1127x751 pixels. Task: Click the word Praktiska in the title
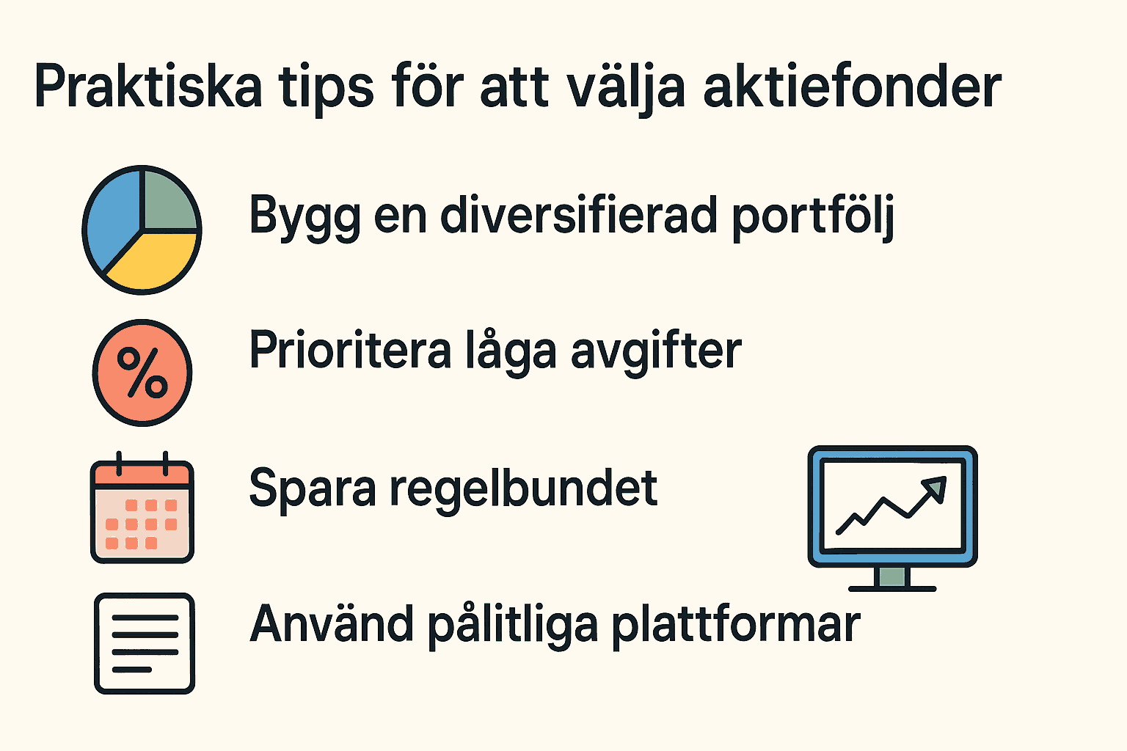148,86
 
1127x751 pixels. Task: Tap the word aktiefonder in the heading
853,86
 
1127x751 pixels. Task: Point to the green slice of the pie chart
169,201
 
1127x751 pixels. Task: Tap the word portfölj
813,219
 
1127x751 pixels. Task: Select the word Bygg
305,219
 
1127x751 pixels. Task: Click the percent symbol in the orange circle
142,373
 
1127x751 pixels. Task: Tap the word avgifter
656,352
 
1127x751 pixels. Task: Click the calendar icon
142,507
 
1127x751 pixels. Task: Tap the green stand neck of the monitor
892,576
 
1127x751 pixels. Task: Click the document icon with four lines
145,643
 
